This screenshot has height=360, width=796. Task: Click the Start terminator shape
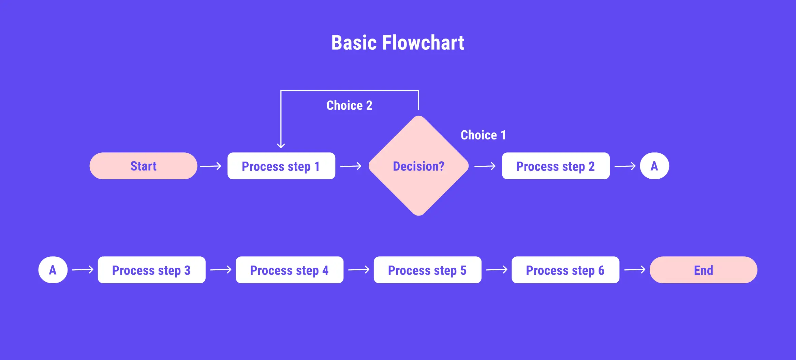tap(143, 166)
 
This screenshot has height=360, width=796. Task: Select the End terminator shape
tap(703, 270)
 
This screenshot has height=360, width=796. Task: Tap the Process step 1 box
tap(281, 166)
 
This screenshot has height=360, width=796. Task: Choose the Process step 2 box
tap(556, 166)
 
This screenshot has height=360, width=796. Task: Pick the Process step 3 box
tap(151, 270)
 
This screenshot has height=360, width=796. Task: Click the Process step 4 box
tap(289, 270)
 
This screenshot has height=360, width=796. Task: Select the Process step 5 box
tap(427, 270)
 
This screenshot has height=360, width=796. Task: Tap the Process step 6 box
tap(565, 270)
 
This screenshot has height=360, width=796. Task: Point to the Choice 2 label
tap(349, 105)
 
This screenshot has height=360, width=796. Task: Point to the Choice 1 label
tap(483, 135)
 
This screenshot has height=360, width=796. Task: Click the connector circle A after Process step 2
tap(654, 166)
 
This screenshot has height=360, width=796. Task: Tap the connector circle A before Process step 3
tap(53, 270)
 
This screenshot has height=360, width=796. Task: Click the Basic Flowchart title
tap(398, 43)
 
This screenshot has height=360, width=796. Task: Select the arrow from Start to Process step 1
tap(210, 166)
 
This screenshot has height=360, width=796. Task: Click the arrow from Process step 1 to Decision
tap(351, 166)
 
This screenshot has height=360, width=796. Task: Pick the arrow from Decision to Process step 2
tap(485, 166)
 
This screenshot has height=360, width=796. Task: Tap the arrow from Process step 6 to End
tap(634, 270)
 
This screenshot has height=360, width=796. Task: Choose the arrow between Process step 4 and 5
tap(358, 270)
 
